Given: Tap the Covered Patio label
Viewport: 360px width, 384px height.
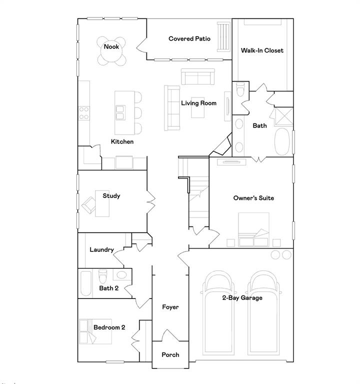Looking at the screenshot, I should click(x=189, y=38).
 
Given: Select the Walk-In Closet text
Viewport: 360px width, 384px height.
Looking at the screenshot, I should click(x=262, y=50).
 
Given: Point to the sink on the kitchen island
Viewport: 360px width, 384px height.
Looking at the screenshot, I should click(x=120, y=112).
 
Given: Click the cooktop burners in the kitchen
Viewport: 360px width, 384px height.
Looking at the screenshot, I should click(x=84, y=112).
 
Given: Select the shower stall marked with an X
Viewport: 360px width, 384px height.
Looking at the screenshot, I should click(x=284, y=115).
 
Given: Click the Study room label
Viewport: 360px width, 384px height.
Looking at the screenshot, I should click(x=111, y=196).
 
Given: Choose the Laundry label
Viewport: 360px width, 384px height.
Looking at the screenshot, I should click(x=101, y=250).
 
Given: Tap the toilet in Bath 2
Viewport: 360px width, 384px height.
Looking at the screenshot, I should click(x=103, y=275).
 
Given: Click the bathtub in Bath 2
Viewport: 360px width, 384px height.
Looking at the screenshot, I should click(x=85, y=283).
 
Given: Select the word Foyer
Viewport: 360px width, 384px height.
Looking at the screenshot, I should click(x=170, y=307).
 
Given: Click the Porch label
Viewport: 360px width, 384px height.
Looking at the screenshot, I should click(x=170, y=355).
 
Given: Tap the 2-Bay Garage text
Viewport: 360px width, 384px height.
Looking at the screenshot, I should click(x=242, y=298).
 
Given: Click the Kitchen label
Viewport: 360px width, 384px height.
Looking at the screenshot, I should click(x=122, y=142).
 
